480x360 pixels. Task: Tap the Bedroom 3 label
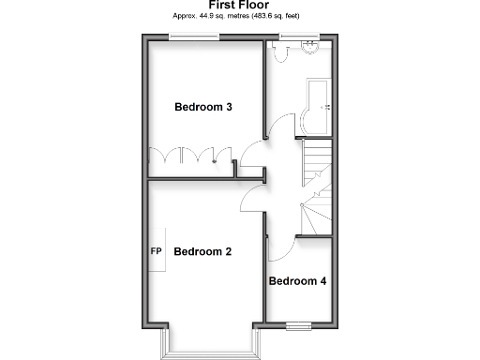tap(203, 107)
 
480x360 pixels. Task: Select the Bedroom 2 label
tap(202, 251)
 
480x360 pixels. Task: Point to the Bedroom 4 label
tap(297, 281)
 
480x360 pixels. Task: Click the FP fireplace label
tap(157, 251)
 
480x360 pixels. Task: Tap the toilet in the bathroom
tap(278, 52)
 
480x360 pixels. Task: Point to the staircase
tap(316, 187)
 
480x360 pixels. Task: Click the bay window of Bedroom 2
tap(208, 348)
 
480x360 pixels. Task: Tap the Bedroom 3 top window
tap(194, 37)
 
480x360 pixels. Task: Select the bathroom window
tap(296, 37)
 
